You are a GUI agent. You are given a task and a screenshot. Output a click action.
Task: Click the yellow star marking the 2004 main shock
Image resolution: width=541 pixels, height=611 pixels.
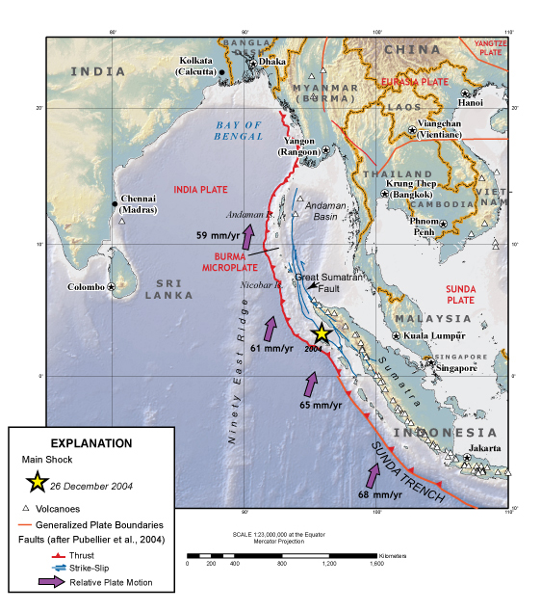coord(321,333)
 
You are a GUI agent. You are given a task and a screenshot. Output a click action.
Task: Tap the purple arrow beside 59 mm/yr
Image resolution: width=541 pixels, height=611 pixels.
coord(247,236)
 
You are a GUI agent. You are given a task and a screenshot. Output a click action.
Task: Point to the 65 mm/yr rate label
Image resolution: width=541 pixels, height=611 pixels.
coord(321,406)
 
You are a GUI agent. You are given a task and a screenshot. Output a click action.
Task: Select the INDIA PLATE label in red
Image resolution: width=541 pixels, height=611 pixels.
coord(200,189)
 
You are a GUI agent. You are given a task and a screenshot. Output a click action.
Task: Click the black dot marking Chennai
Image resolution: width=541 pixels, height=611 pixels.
coord(115,203)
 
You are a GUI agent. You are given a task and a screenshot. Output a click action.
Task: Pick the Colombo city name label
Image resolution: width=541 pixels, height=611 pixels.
coord(86,286)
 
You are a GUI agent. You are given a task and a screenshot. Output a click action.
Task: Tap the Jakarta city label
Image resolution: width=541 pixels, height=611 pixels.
coord(483,448)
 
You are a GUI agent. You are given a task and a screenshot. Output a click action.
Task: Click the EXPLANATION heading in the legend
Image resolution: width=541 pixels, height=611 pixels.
coord(90,443)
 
